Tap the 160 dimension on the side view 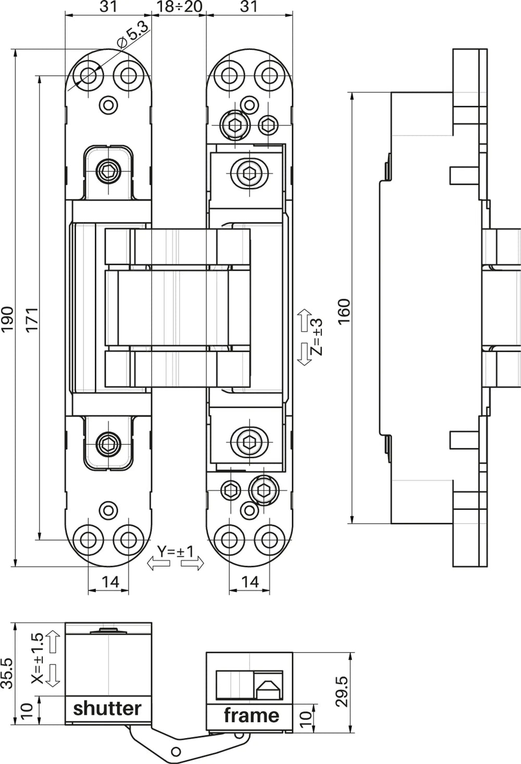pyautogui.click(x=344, y=311)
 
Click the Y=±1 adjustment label pyautogui.click(x=175, y=551)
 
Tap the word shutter pyautogui.click(x=107, y=708)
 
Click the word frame pyautogui.click(x=251, y=715)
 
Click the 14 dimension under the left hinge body pyautogui.click(x=110, y=582)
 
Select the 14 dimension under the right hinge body pyautogui.click(x=250, y=582)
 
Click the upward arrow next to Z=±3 pyautogui.click(x=304, y=321)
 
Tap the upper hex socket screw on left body pyautogui.click(x=109, y=170)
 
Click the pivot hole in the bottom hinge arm pyautogui.click(x=176, y=751)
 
